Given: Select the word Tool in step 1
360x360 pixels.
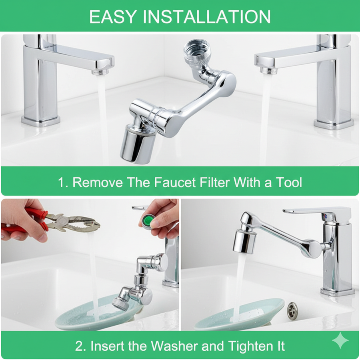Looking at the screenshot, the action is pos(288,182).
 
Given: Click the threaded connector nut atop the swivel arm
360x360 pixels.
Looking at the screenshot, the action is pos(196,52).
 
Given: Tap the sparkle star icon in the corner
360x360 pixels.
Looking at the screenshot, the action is pos(340,340).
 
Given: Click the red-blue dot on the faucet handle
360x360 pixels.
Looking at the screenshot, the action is pos(325,216).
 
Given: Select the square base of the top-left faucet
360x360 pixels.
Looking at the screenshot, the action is pos(41,121).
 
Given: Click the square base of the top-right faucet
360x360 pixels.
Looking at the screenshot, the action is pos(334,124).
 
